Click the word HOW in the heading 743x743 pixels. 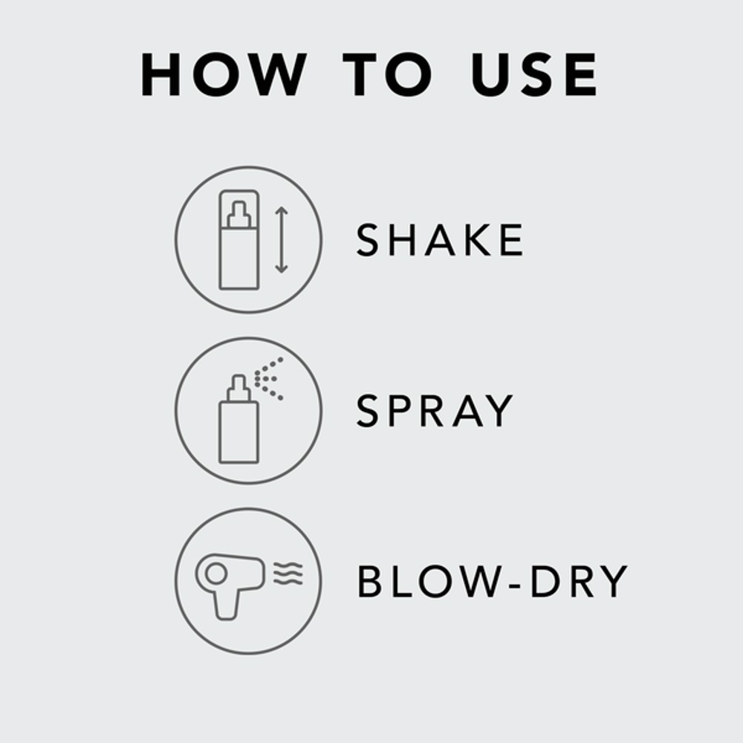pyautogui.click(x=224, y=75)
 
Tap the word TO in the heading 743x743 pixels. pyautogui.click(x=387, y=75)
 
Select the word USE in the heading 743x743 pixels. pyautogui.click(x=534, y=75)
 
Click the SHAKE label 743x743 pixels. pyautogui.click(x=440, y=240)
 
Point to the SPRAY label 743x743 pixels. pyautogui.click(x=435, y=411)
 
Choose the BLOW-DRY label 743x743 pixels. pyautogui.click(x=493, y=582)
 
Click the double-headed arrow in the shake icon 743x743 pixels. pyautogui.click(x=281, y=240)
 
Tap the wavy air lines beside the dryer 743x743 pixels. pyautogui.click(x=288, y=574)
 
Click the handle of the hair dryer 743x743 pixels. pyautogui.click(x=227, y=604)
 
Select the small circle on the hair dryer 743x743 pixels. pyautogui.click(x=216, y=573)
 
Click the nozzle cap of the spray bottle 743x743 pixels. pyautogui.click(x=239, y=386)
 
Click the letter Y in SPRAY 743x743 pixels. pyautogui.click(x=499, y=411)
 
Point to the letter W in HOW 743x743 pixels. pyautogui.click(x=276, y=75)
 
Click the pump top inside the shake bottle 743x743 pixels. pyautogui.click(x=239, y=215)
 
